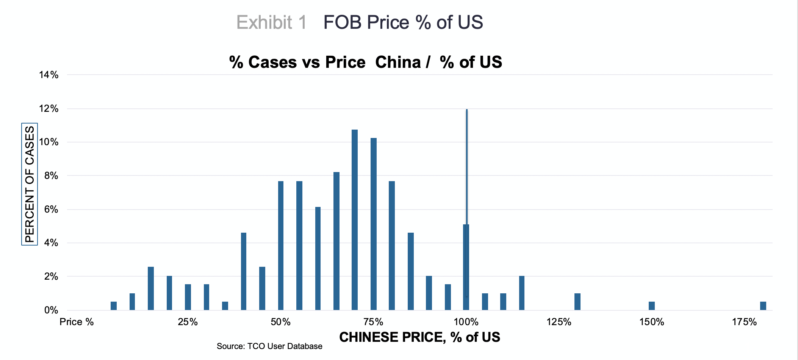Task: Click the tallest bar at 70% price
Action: [x=355, y=220]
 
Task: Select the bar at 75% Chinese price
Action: [x=374, y=224]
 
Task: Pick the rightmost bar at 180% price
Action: [x=763, y=306]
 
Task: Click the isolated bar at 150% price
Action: [x=652, y=306]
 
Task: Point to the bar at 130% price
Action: [x=577, y=302]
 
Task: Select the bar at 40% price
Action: [x=244, y=271]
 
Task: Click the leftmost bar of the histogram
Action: [x=114, y=306]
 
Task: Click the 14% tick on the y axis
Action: [x=49, y=75]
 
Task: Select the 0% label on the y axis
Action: [x=51, y=311]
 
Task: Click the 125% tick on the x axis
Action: [x=559, y=322]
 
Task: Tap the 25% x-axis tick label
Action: [x=188, y=322]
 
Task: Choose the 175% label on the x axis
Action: [x=744, y=322]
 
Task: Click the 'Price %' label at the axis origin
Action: [x=77, y=322]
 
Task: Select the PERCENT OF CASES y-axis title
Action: [x=30, y=184]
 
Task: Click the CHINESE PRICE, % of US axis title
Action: [x=419, y=337]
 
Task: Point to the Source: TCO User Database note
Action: [x=269, y=346]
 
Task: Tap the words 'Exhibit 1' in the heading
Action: [x=271, y=22]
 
